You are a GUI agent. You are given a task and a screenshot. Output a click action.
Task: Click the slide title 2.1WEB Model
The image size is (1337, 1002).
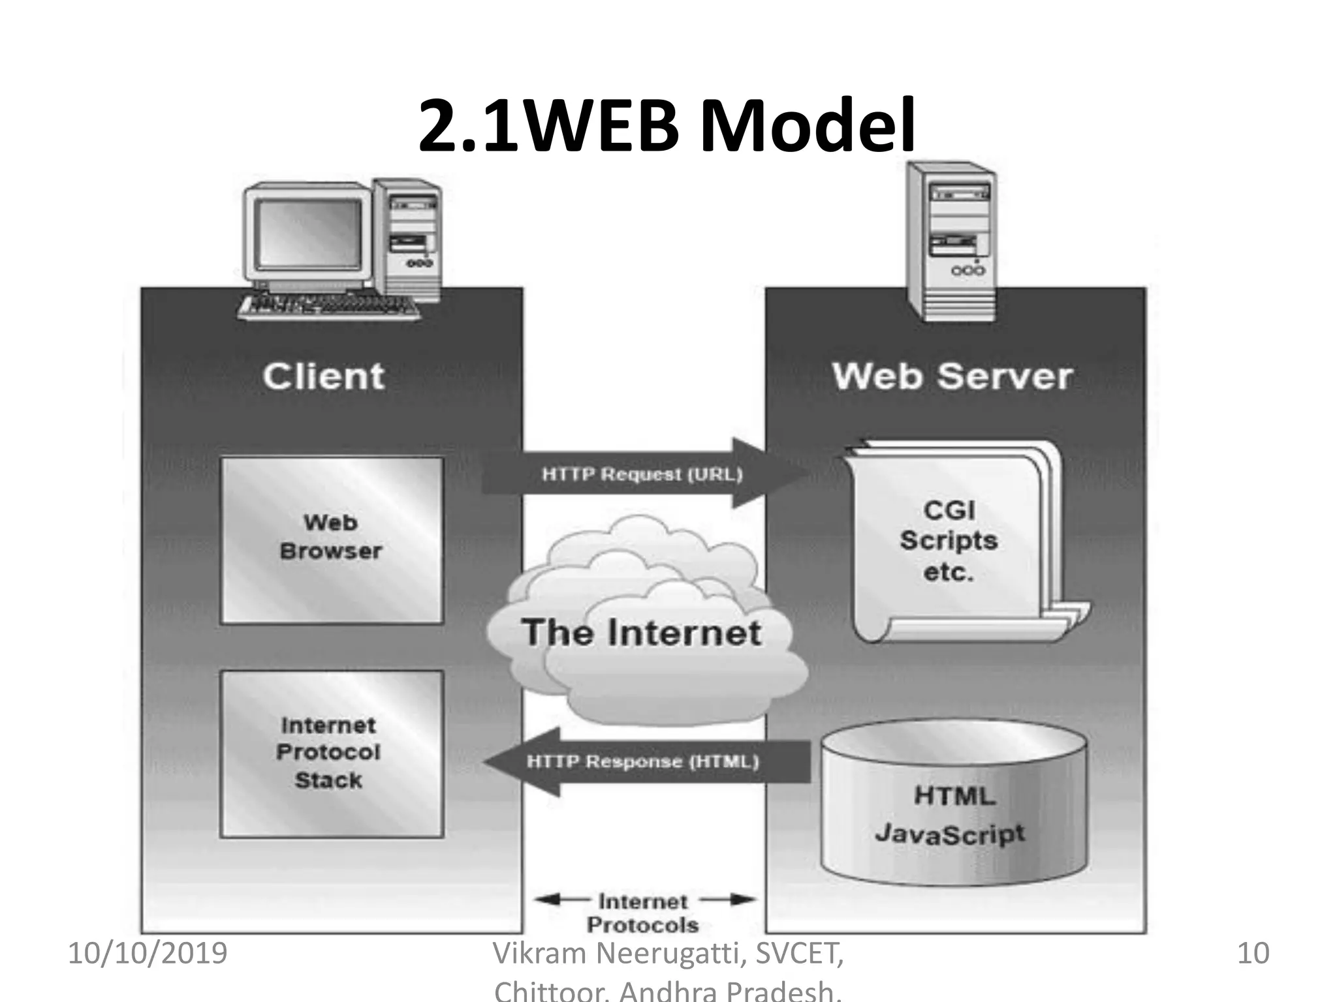(666, 125)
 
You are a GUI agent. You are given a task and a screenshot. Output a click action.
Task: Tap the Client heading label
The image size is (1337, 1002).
(324, 376)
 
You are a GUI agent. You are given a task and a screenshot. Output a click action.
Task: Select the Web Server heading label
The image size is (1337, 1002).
(952, 376)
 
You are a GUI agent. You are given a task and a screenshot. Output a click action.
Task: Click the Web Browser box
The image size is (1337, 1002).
(332, 540)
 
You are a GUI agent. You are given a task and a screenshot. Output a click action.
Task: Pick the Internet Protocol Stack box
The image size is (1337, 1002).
(332, 753)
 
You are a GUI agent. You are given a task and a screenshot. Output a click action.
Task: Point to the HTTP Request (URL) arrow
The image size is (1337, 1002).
(642, 474)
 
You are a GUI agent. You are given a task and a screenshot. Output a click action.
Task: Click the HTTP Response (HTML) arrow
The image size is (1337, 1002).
(643, 762)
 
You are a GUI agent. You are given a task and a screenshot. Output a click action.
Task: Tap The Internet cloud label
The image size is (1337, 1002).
(642, 632)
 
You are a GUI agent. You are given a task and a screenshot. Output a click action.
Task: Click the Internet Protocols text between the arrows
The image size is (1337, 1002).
(643, 913)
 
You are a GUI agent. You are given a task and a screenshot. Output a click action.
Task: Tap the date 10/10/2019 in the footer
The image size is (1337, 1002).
(148, 953)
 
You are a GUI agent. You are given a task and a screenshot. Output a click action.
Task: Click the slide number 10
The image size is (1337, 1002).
(1253, 953)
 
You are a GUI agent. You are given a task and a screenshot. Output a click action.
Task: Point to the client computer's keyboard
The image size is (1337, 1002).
(330, 307)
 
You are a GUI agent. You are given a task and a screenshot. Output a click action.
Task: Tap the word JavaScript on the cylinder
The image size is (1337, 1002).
(950, 834)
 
